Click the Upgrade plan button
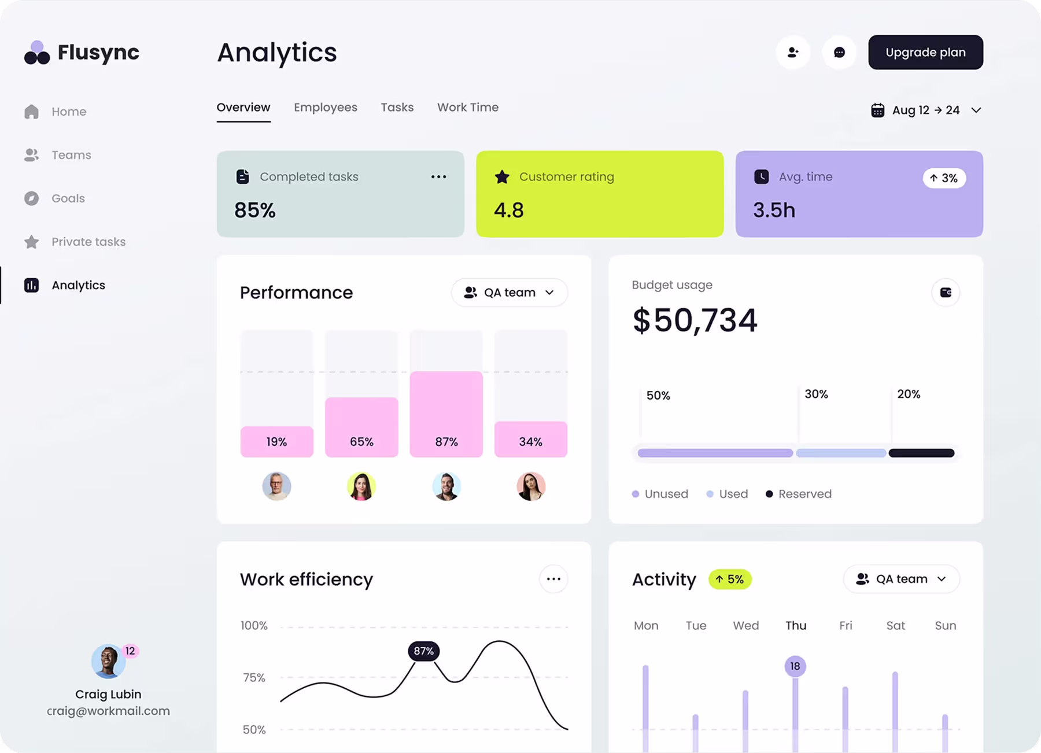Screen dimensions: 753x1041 click(x=925, y=52)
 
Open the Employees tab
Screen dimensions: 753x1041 click(x=325, y=108)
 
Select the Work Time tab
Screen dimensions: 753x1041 click(x=467, y=108)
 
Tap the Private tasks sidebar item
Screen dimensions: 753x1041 click(x=88, y=242)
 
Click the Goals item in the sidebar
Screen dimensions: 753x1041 click(x=68, y=198)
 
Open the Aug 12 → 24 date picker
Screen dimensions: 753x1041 click(x=926, y=110)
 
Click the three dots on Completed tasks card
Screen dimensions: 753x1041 click(x=438, y=177)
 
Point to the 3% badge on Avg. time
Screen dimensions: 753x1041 click(x=944, y=178)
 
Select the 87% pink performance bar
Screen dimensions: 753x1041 click(x=446, y=414)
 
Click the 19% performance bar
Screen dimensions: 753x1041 click(x=276, y=441)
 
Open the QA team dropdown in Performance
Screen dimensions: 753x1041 click(x=509, y=293)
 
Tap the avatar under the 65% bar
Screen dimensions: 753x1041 click(x=361, y=486)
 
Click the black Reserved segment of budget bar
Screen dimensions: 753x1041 click(x=921, y=453)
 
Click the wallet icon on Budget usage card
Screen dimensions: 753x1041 click(x=946, y=293)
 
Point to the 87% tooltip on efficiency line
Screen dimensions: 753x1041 click(x=423, y=651)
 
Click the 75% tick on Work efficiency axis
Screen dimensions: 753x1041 click(x=254, y=678)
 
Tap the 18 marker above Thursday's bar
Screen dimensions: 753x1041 click(x=795, y=666)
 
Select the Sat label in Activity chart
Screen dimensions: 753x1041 click(x=895, y=626)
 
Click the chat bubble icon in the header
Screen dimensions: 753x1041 click(x=839, y=53)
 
